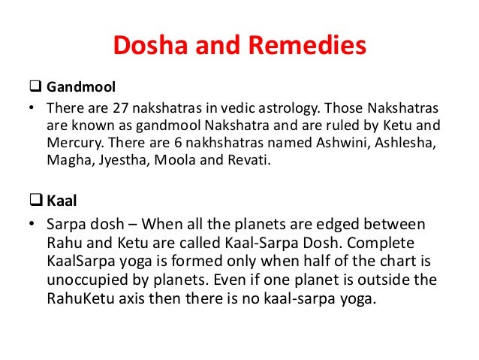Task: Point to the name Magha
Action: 67,159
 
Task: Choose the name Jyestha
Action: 120,159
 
